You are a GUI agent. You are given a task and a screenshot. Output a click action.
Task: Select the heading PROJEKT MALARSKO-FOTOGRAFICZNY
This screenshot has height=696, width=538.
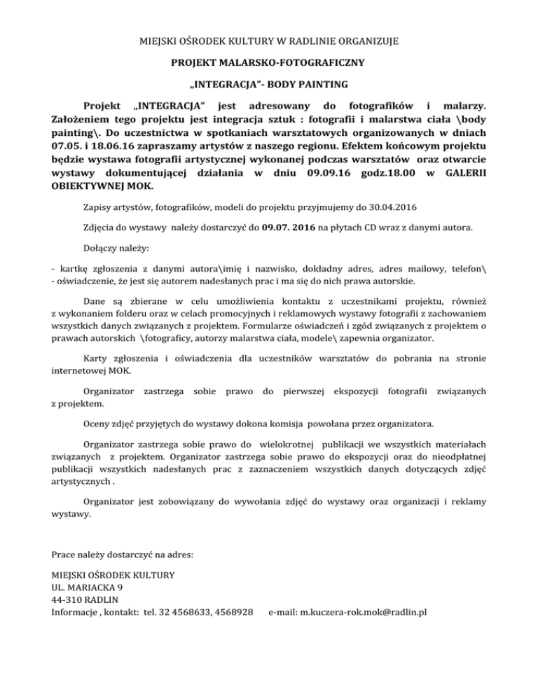269,63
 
